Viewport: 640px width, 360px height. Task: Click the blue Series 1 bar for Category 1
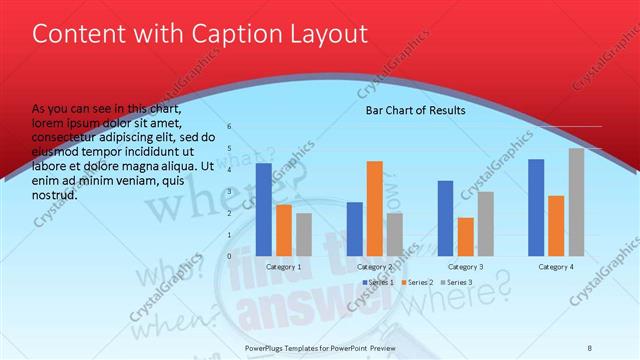click(264, 209)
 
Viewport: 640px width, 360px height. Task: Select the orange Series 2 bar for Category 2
click(374, 208)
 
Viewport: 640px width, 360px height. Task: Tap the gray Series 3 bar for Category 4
click(576, 202)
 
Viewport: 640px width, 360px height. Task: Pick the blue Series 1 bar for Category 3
click(445, 218)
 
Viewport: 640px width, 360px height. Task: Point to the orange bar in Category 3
click(465, 237)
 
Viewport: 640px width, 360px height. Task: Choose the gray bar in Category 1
click(304, 234)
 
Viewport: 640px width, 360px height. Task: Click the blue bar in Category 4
click(536, 207)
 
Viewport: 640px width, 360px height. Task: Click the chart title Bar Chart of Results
click(415, 110)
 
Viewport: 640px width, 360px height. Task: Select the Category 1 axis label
click(284, 267)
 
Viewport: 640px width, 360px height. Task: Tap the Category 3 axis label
click(465, 267)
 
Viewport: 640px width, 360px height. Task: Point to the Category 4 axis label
click(556, 267)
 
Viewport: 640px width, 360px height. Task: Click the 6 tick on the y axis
click(229, 127)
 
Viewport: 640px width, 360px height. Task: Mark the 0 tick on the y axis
click(229, 256)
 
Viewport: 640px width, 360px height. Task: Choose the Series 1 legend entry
click(378, 283)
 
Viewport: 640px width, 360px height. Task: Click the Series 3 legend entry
click(458, 283)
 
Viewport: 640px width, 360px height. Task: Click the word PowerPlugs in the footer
click(267, 347)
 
